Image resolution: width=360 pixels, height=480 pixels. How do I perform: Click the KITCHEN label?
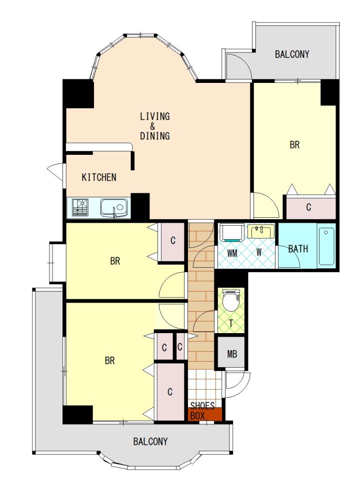pos(99,177)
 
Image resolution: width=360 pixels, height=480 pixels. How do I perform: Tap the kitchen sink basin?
pos(114,208)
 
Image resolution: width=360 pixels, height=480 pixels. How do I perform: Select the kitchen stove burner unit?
pos(80,207)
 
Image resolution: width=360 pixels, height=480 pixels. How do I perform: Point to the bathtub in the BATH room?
pos(326,246)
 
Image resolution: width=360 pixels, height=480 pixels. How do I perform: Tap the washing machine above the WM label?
pos(232,233)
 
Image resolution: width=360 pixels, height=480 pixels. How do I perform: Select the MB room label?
pos(232,354)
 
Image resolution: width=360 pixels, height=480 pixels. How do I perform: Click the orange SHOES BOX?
pos(204,414)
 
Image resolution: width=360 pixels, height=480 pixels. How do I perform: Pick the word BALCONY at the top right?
pos(292,54)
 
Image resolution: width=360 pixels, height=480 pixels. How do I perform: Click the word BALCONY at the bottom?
pos(150,442)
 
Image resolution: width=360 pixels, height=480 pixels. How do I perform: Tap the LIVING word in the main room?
pos(154,116)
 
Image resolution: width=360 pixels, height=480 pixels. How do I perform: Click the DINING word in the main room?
pos(154,136)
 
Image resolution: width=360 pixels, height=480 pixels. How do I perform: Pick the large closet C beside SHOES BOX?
pos(170,392)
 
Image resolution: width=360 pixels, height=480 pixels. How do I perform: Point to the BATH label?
pos(298,249)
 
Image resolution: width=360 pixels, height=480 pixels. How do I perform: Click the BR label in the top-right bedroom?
pos(294,145)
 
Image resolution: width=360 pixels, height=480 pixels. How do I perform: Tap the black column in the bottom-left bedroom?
pos(77,415)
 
